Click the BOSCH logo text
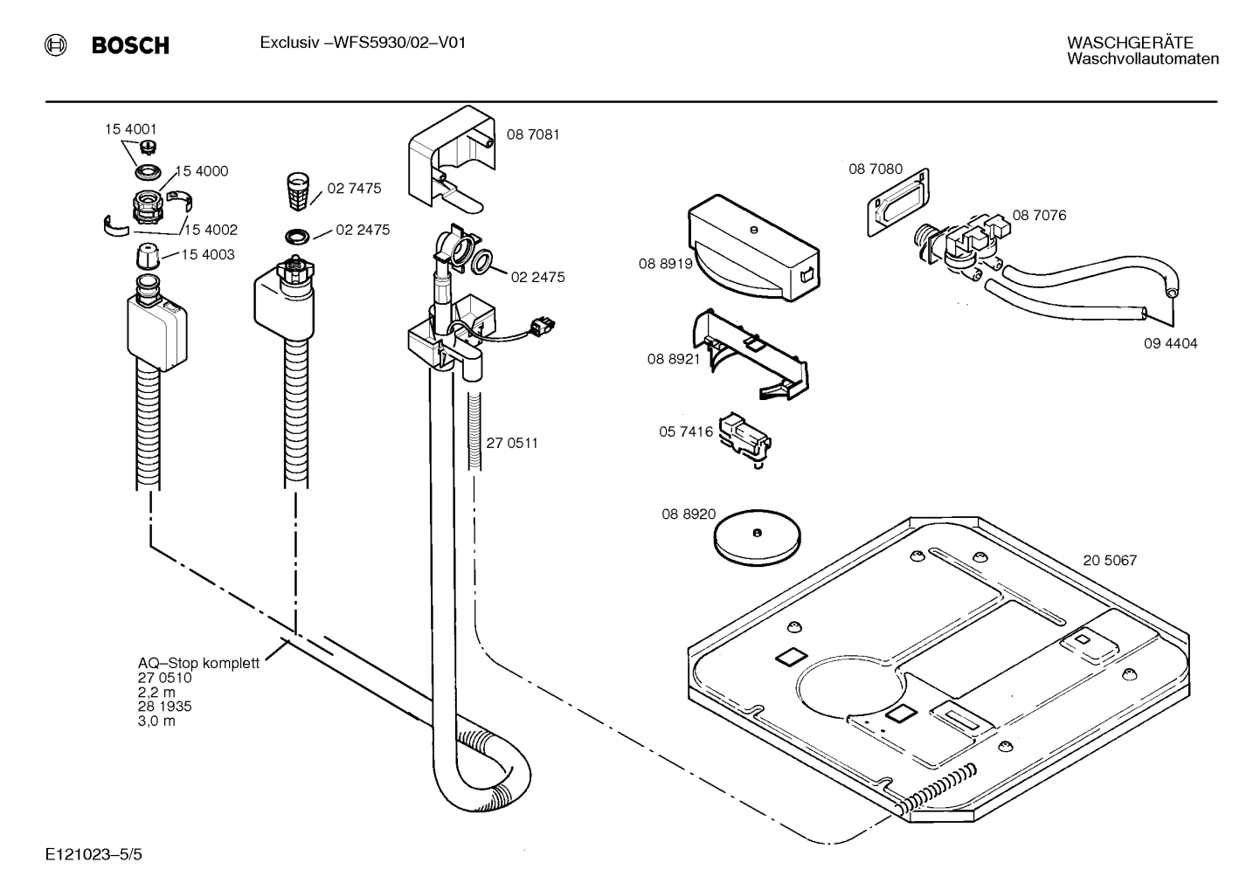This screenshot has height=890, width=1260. pyautogui.click(x=130, y=45)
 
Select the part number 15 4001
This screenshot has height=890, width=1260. pyautogui.click(x=131, y=129)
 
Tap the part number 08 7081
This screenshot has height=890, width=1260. pyautogui.click(x=533, y=135)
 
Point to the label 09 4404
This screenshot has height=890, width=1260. pyautogui.click(x=1170, y=343)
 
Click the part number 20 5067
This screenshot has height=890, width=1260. pyautogui.click(x=1110, y=561)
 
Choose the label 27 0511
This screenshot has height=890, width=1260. pyautogui.click(x=512, y=443)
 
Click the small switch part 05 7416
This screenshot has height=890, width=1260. pyautogui.click(x=744, y=436)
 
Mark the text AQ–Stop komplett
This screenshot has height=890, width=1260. pyautogui.click(x=198, y=663)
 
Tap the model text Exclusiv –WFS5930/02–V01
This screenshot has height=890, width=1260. pyautogui.click(x=362, y=43)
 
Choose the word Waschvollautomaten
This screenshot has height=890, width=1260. pyautogui.click(x=1142, y=59)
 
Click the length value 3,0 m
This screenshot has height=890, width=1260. pyautogui.click(x=156, y=721)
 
